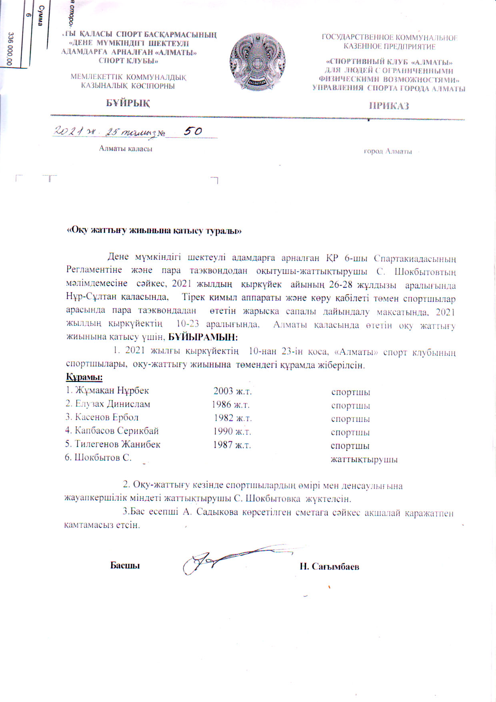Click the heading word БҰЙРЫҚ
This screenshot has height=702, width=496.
click(x=128, y=103)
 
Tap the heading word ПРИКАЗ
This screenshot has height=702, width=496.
click(x=389, y=106)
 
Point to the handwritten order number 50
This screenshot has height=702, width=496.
click(x=192, y=131)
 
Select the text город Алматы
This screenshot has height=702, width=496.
click(x=388, y=151)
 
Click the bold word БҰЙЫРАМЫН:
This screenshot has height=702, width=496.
click(x=203, y=337)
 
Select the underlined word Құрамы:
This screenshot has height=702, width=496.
click(x=84, y=377)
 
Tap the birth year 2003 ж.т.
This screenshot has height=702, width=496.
click(x=232, y=391)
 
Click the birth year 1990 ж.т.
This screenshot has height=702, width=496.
click(x=232, y=432)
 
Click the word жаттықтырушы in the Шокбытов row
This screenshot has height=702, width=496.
click(x=364, y=459)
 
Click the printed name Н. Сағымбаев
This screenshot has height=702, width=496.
click(x=330, y=567)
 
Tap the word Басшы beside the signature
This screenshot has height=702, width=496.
click(x=125, y=566)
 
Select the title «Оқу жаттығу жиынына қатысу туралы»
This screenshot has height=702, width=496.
click(x=154, y=231)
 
